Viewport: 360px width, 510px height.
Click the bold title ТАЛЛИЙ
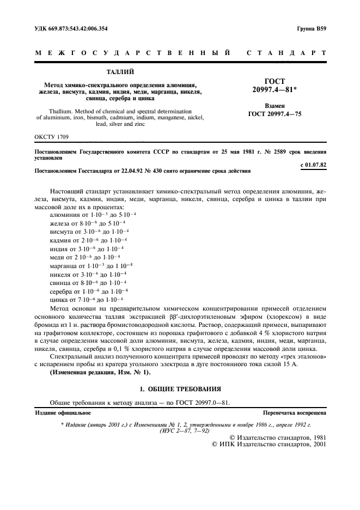click(120, 71)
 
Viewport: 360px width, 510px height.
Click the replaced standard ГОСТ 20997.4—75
click(274, 114)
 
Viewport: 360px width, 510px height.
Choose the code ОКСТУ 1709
click(51, 136)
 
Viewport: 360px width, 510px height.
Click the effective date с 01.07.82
click(313, 163)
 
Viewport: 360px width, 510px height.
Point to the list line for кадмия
click(88, 240)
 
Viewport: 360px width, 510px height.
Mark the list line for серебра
click(89, 291)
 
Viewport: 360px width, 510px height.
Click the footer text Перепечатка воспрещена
click(294, 414)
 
